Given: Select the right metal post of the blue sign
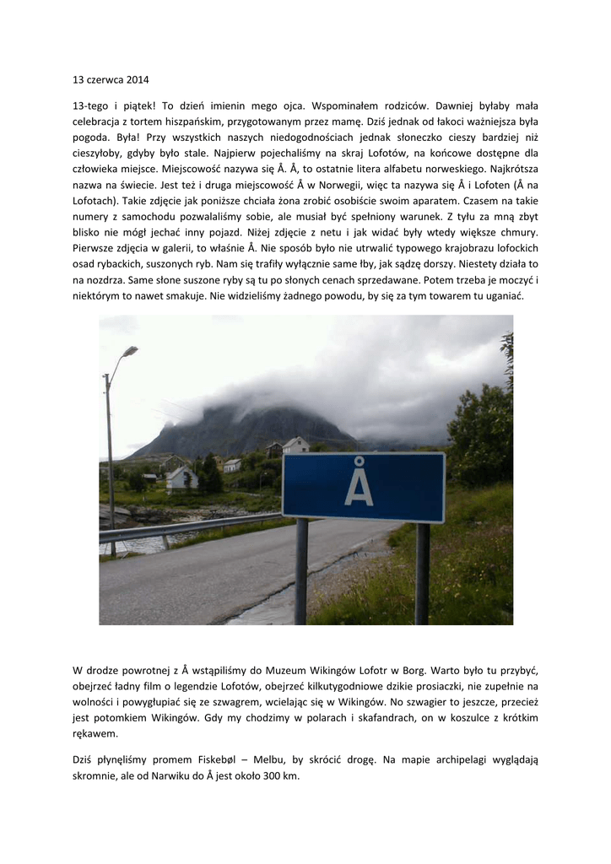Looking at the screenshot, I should tap(422, 574).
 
